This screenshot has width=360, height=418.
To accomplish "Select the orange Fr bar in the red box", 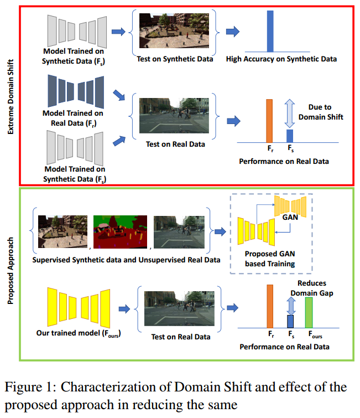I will point(269,121).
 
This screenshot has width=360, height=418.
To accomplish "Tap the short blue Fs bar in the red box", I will point(289,136).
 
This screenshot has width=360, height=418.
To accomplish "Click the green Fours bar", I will point(309,313).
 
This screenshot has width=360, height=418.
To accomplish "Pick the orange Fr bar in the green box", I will point(270,306).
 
